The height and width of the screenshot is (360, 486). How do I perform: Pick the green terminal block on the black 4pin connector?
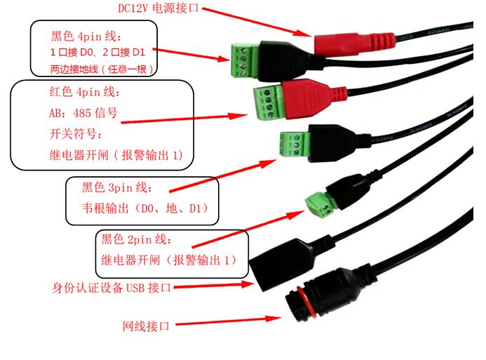pyautogui.click(x=243, y=58)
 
